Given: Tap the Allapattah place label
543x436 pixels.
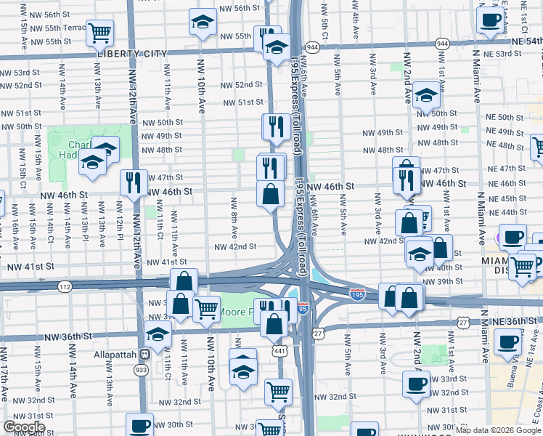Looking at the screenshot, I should (x=116, y=355).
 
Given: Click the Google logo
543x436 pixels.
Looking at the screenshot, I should (x=24, y=427).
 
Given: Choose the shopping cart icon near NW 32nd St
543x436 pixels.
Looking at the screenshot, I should (x=278, y=391).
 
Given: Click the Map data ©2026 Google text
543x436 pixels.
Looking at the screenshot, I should (x=498, y=430).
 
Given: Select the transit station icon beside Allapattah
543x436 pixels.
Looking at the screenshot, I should (x=145, y=355).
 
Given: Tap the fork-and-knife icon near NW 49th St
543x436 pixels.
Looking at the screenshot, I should (x=276, y=126).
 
